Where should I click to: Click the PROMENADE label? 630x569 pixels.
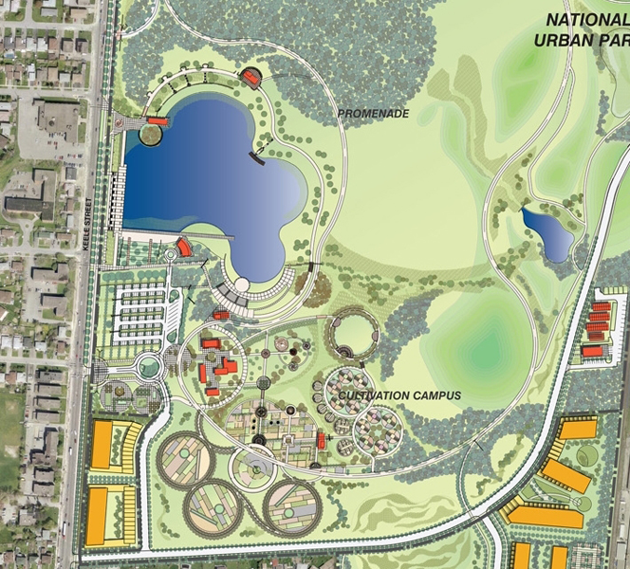click(373, 113)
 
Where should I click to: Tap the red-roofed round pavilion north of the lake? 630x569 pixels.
click(251, 76)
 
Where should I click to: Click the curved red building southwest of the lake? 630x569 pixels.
click(184, 248)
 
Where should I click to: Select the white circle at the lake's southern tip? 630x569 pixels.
click(242, 284)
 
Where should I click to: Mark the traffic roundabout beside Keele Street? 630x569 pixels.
click(149, 366)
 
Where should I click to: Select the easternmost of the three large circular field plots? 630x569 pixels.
click(291, 508)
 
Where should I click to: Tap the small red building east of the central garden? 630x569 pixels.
click(322, 440)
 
